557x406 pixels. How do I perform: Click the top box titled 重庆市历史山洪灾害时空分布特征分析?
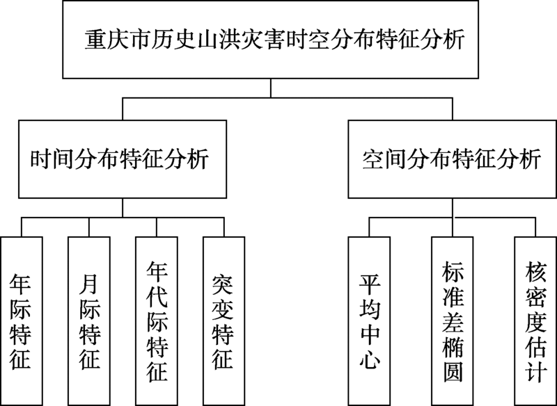point(270,40)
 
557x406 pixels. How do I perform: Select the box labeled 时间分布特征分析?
point(123,159)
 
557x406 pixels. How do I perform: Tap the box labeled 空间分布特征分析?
point(452,159)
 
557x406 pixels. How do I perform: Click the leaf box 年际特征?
point(22,321)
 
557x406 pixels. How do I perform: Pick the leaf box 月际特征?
point(89,321)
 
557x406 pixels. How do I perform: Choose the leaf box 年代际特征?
point(156,321)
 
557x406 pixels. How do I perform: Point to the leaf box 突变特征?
point(223,321)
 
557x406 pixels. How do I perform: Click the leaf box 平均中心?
point(369,321)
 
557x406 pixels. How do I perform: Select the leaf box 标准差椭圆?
point(452,321)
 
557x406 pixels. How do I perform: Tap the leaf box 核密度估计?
point(535,321)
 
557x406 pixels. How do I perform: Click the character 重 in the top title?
point(95,40)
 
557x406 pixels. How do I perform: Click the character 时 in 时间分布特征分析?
point(41,159)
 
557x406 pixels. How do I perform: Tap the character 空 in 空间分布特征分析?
point(373,159)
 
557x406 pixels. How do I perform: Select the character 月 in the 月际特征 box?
point(89,284)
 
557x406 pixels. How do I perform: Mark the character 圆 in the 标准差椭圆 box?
point(453,372)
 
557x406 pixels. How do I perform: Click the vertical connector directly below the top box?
point(270,88)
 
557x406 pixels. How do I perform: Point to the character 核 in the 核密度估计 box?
point(535,271)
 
